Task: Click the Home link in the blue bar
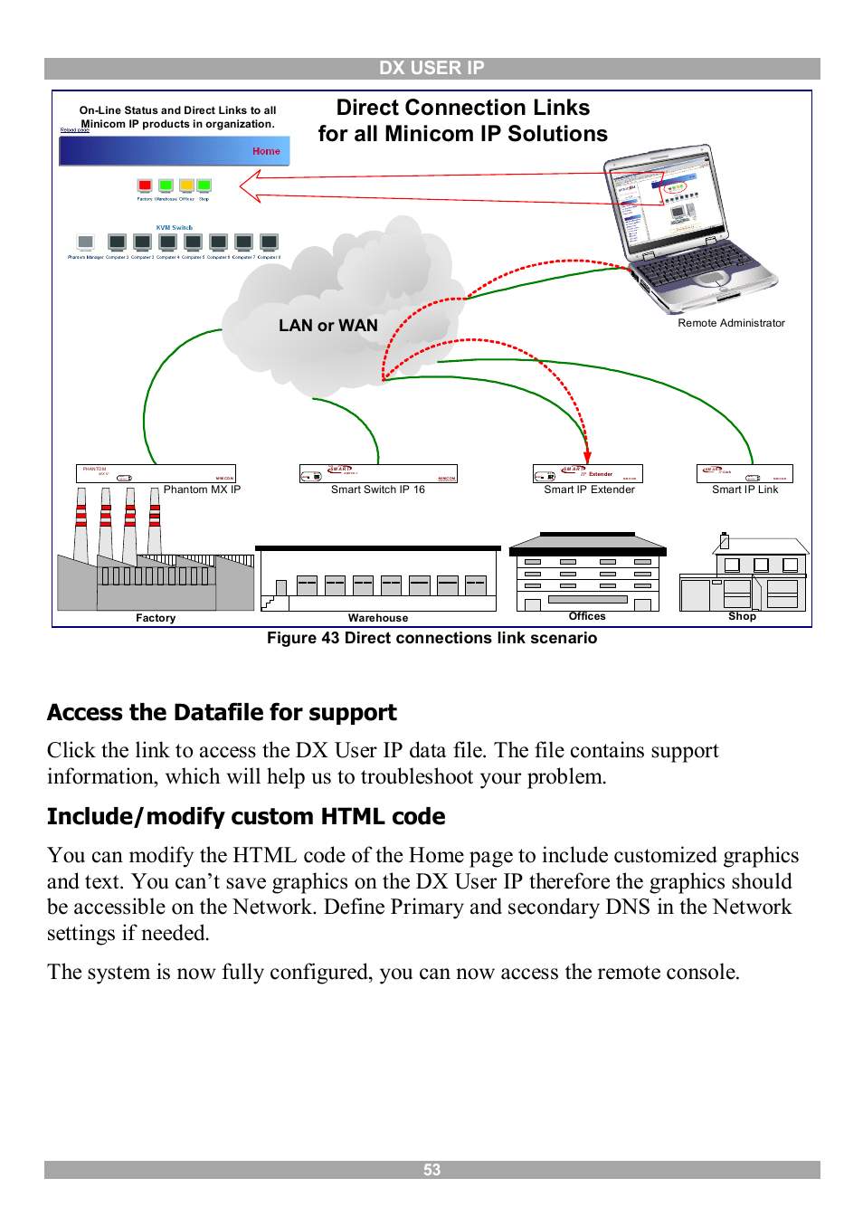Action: point(266,151)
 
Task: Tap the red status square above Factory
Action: point(145,185)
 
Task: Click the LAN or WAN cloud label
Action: point(327,326)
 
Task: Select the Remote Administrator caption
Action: point(731,323)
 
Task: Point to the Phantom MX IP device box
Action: point(156,473)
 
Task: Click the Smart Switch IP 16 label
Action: point(377,489)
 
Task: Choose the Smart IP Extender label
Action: point(589,489)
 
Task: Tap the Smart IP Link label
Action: point(744,489)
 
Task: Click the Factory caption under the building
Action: point(156,618)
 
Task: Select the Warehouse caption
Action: point(378,618)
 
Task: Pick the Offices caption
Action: point(587,616)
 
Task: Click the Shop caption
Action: point(742,616)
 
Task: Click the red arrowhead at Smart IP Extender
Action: point(587,458)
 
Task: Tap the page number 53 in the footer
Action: point(431,1170)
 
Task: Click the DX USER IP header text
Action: point(431,68)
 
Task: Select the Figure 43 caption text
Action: point(431,638)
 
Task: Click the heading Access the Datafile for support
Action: point(222,713)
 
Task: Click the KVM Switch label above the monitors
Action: point(174,228)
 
